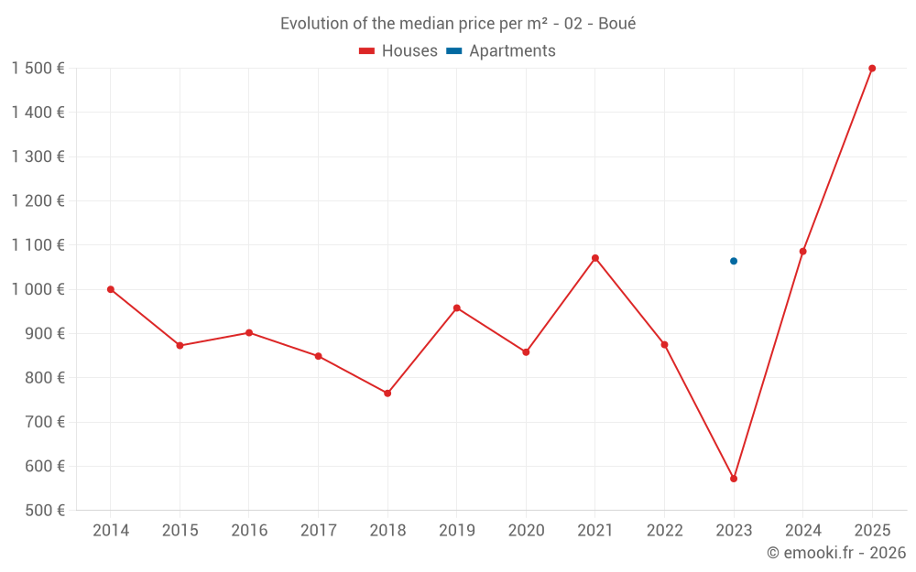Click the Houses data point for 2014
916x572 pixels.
pyautogui.click(x=111, y=289)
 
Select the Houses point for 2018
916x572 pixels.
pyautogui.click(x=387, y=394)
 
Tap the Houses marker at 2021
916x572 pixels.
pyautogui.click(x=595, y=258)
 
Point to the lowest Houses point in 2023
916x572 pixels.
pyautogui.click(x=734, y=479)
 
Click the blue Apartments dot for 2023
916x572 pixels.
pyautogui.click(x=734, y=261)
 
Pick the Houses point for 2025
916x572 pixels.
pyautogui.click(x=872, y=69)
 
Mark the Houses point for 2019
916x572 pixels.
pyautogui.click(x=457, y=308)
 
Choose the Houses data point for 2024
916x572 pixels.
pyautogui.click(x=803, y=252)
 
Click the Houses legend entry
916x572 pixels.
pyautogui.click(x=398, y=51)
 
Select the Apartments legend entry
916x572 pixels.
pyautogui.click(x=501, y=51)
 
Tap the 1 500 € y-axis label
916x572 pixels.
pyautogui.click(x=38, y=69)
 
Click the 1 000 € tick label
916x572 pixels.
pyautogui.click(x=38, y=289)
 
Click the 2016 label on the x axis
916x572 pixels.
pyautogui.click(x=249, y=531)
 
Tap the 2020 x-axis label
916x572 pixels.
pyautogui.click(x=526, y=531)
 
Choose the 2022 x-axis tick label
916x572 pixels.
pyautogui.click(x=664, y=531)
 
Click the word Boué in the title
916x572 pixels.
pyautogui.click(x=616, y=24)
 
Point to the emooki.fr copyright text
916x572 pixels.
pyautogui.click(x=836, y=553)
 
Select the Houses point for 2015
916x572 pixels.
pyautogui.click(x=180, y=346)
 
